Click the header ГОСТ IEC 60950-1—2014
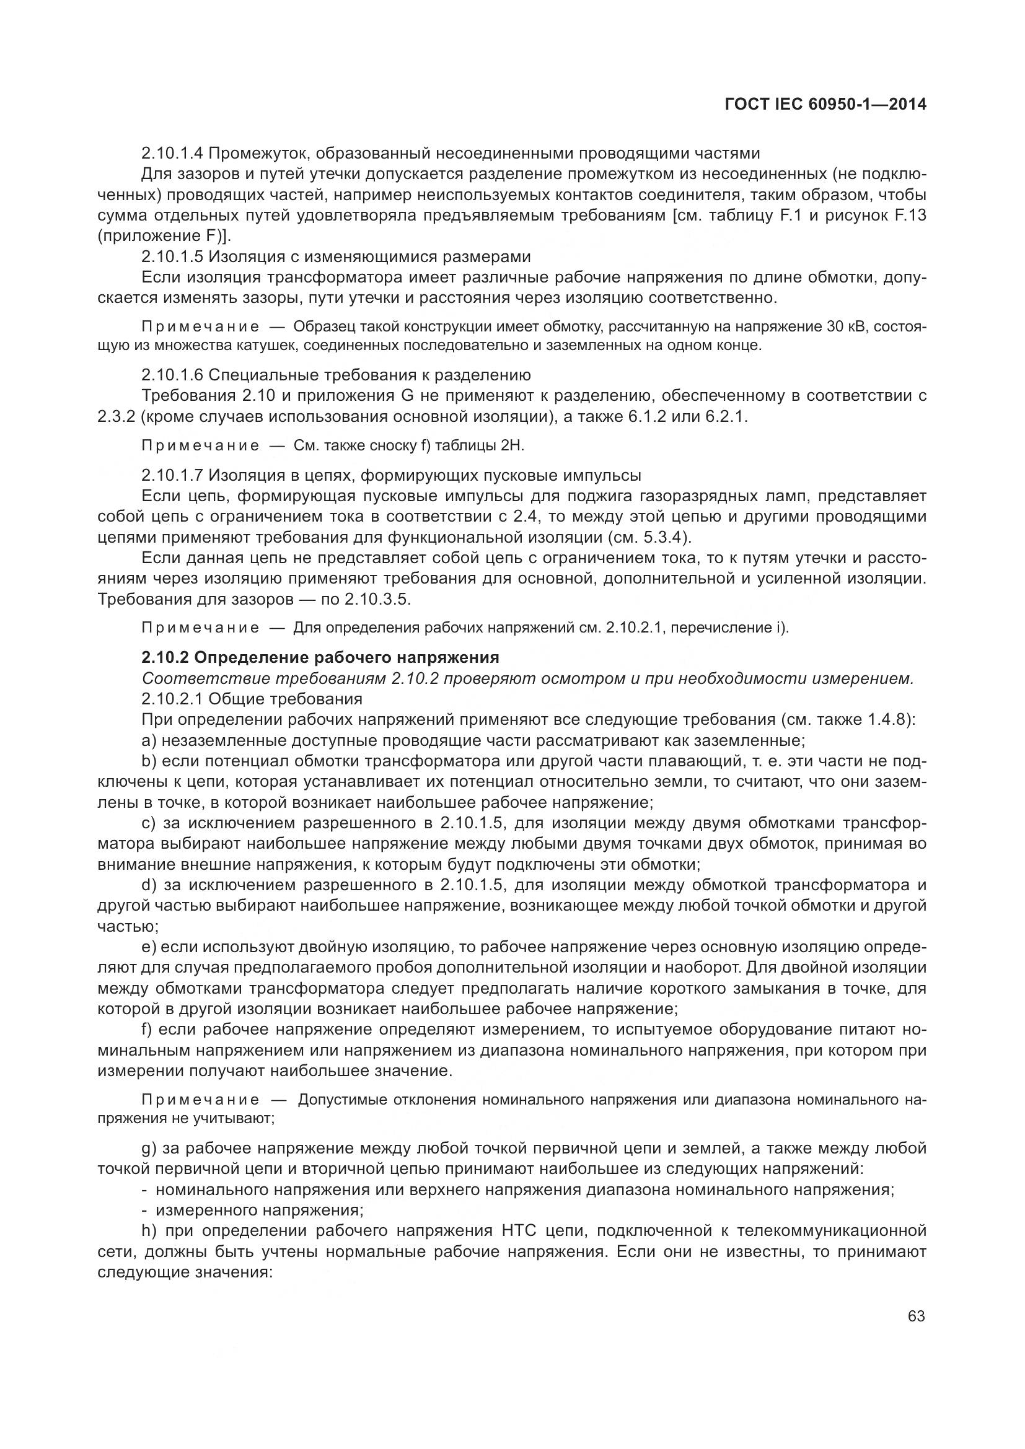pos(825,105)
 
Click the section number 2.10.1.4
pos(172,154)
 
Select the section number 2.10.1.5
pos(172,257)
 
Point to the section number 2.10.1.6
pos(172,375)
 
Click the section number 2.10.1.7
pos(172,475)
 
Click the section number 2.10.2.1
pos(172,699)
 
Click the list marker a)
pos(149,740)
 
